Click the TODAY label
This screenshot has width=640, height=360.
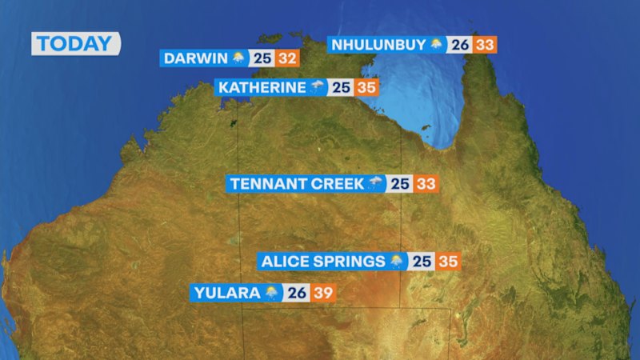point(75,43)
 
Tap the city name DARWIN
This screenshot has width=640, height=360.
point(195,58)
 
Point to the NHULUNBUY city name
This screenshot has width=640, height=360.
point(380,45)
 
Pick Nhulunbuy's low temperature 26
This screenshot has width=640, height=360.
point(459,45)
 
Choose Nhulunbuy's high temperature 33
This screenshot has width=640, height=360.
point(485,45)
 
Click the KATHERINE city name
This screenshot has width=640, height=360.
point(262,87)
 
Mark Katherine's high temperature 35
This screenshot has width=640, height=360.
point(366,87)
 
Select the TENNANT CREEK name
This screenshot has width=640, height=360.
point(296,184)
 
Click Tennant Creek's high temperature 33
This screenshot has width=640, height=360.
point(426,184)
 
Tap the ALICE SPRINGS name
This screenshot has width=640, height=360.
point(322,261)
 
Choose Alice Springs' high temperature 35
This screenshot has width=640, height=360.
point(448,261)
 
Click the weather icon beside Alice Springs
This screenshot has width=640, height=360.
point(397,261)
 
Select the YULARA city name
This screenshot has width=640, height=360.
point(227,293)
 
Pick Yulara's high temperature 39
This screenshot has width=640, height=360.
point(323,293)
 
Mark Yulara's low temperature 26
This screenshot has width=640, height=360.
point(297,293)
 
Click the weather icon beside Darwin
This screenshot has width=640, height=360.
point(239,58)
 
